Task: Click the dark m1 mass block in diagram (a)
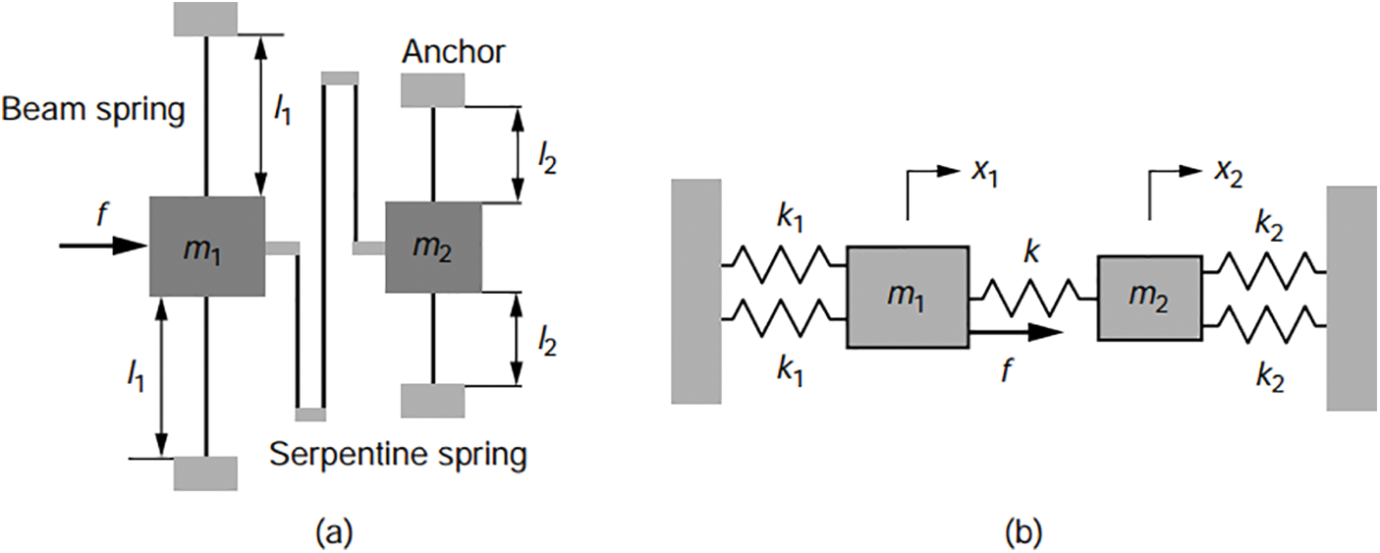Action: [x=206, y=246]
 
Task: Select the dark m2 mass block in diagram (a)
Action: [x=433, y=248]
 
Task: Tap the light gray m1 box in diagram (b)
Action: [x=908, y=297]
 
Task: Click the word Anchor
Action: [x=453, y=51]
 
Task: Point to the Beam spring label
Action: [x=93, y=111]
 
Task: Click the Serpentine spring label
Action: [x=398, y=455]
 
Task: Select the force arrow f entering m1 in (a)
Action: [x=103, y=245]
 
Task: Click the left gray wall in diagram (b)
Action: [x=696, y=291]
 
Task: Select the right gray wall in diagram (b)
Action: [x=1352, y=298]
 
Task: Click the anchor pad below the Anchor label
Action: [x=433, y=90]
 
